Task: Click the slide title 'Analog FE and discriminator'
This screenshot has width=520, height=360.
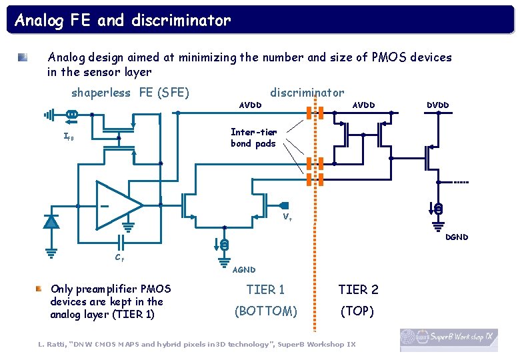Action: click(123, 21)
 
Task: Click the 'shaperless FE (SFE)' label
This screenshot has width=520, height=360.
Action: click(130, 93)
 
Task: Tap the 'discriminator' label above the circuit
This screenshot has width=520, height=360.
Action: click(307, 93)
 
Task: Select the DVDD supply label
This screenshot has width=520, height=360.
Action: click(437, 105)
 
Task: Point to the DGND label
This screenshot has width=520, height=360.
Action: click(456, 237)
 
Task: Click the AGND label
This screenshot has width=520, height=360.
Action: click(243, 270)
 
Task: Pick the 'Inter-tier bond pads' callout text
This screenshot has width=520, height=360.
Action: click(253, 138)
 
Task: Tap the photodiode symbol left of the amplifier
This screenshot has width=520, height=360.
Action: click(51, 221)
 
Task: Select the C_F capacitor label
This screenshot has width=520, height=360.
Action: click(119, 258)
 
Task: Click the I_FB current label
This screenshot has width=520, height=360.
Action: click(68, 137)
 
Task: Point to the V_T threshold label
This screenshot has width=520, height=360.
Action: click(287, 217)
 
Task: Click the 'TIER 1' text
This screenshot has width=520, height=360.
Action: click(265, 289)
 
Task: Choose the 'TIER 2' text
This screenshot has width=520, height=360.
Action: click(358, 289)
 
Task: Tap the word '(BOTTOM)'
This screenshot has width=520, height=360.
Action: click(265, 311)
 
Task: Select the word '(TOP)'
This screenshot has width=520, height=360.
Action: click(357, 311)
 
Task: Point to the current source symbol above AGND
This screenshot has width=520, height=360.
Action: click(225, 245)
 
